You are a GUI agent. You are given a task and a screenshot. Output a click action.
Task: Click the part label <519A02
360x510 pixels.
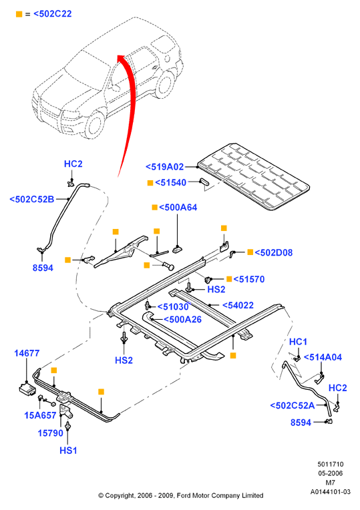point(165,167)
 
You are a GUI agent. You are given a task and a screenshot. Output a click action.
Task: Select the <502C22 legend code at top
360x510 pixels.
point(53,14)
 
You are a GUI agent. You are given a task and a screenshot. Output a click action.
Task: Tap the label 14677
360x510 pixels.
point(27,353)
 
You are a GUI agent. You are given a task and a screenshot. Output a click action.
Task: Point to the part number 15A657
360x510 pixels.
point(40,415)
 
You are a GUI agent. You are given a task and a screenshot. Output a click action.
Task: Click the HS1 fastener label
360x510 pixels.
point(68,451)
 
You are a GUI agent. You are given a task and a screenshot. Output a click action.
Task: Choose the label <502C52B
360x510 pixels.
point(32,200)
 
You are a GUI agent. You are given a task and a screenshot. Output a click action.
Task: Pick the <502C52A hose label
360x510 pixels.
point(293,405)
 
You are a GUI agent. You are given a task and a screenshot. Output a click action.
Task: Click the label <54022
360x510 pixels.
point(238,305)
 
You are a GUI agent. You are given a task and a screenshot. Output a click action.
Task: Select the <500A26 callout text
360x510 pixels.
point(182,319)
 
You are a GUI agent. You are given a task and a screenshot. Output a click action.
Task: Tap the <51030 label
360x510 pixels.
point(173,306)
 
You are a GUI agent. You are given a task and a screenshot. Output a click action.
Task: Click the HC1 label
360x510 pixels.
point(298,342)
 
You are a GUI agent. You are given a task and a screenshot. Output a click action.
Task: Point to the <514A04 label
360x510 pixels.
point(323,357)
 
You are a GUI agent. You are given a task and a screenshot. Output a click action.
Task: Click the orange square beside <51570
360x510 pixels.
point(229,279)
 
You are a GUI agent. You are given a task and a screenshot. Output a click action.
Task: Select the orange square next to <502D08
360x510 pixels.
point(250,252)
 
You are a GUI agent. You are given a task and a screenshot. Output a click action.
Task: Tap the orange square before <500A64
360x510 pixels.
point(155,207)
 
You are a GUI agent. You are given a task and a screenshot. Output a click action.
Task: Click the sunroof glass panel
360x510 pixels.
point(254,176)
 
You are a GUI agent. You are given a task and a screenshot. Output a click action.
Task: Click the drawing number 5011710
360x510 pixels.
point(331,464)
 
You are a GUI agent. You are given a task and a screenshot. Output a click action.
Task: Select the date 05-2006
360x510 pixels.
point(331,473)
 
